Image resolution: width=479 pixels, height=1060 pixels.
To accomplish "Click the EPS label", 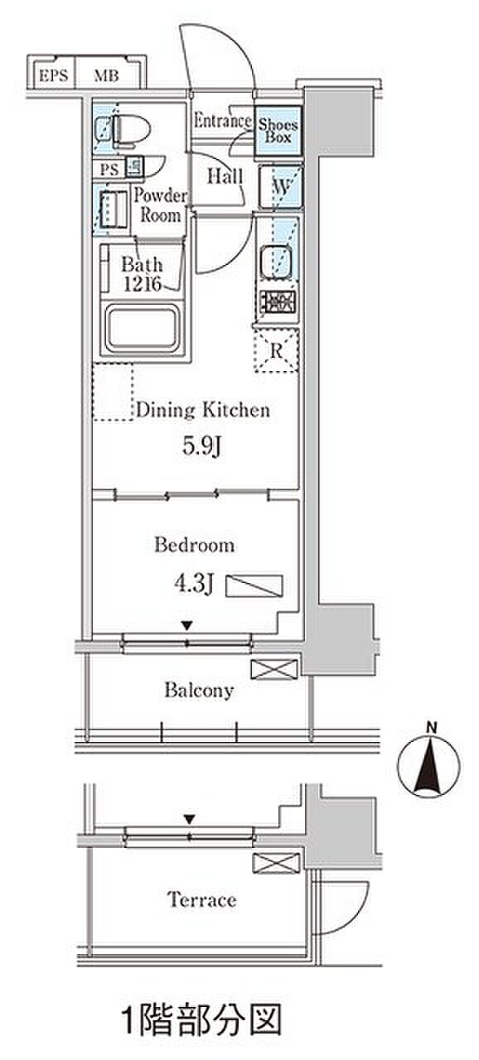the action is click(x=54, y=75).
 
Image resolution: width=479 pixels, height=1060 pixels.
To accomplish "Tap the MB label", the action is click(x=106, y=75).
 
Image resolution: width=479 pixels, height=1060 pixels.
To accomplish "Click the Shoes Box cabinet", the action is click(x=278, y=131).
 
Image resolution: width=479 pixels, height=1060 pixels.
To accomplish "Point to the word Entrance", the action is click(x=222, y=121).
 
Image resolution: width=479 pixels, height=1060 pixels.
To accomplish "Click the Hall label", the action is click(x=225, y=176).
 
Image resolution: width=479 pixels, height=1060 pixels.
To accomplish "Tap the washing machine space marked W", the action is click(x=280, y=186).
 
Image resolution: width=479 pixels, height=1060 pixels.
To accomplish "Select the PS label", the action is click(x=109, y=170).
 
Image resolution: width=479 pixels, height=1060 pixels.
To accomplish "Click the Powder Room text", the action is click(x=160, y=205).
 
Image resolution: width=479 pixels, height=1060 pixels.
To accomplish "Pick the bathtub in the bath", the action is click(x=143, y=329).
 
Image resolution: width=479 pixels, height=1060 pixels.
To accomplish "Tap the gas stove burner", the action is click(x=278, y=301).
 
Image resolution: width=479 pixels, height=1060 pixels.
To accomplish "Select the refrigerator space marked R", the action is click(x=277, y=350).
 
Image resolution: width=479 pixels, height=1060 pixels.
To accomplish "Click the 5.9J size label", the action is click(x=201, y=446).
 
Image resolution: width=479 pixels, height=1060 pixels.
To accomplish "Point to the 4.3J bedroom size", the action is click(x=194, y=584).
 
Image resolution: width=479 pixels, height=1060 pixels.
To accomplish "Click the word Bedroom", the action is click(x=194, y=545).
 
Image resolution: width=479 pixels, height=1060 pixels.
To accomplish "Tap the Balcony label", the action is click(x=199, y=691).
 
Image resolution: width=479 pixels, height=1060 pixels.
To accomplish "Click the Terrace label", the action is click(x=201, y=899).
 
